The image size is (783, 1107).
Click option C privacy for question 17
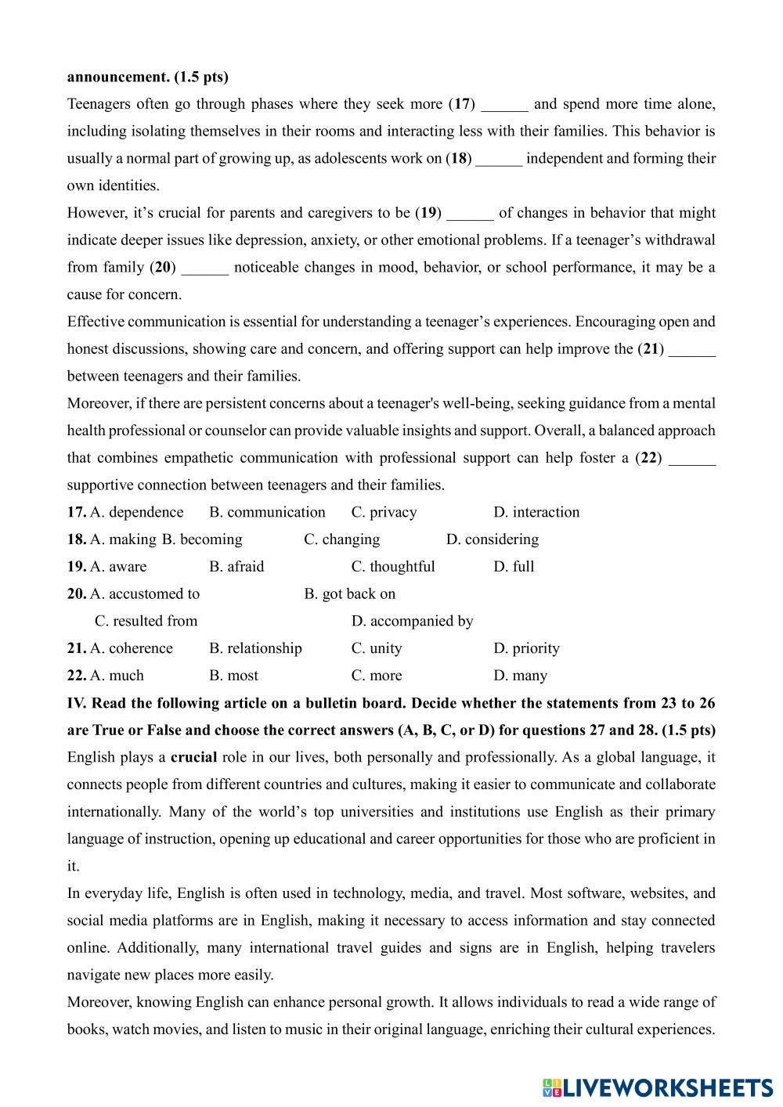click(384, 512)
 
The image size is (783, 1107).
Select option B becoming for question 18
click(202, 539)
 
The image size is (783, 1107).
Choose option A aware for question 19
click(118, 566)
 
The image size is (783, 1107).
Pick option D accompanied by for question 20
click(412, 621)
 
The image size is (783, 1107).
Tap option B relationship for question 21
click(255, 648)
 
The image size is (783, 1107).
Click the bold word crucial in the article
click(193, 757)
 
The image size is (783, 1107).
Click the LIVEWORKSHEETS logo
click(658, 1087)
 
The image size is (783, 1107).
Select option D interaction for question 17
click(536, 512)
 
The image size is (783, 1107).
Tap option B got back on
click(350, 593)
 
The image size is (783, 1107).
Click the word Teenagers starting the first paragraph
click(98, 104)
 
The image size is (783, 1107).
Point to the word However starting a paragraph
click(93, 213)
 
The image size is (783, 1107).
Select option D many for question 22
click(521, 675)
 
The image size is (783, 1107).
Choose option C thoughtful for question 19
click(393, 566)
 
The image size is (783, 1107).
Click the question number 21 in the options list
click(76, 648)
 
